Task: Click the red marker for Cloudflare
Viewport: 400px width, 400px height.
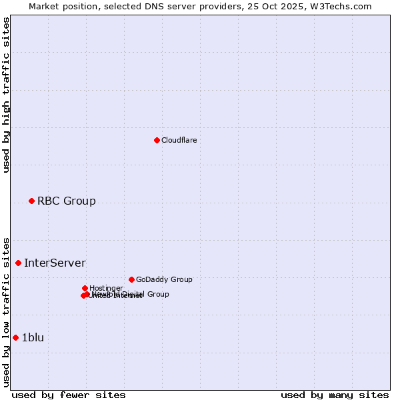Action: coord(157,140)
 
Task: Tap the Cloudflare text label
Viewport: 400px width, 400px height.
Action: coord(179,140)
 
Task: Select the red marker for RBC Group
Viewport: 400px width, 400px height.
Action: coord(31,201)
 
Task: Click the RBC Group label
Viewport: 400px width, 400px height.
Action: coord(66,201)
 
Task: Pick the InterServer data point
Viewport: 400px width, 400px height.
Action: coord(18,263)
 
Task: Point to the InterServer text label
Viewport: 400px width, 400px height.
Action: coord(55,263)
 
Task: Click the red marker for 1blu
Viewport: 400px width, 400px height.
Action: coord(15,337)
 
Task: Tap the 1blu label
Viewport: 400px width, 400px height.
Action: coord(33,337)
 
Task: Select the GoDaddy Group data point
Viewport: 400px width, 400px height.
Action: coord(131,279)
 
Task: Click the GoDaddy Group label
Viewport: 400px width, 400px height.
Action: coord(163,279)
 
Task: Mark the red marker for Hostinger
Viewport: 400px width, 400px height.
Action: coord(85,288)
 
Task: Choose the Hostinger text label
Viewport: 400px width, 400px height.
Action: coord(106,288)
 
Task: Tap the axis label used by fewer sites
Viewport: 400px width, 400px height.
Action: coord(69,395)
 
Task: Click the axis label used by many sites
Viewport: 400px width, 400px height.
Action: coord(335,395)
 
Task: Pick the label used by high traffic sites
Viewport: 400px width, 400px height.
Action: coord(6,95)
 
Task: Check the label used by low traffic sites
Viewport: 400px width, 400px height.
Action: coord(6,311)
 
